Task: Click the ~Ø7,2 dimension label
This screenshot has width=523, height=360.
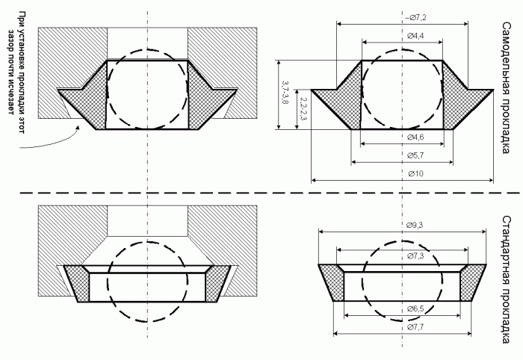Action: pos(415,18)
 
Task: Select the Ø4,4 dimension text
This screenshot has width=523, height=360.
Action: pos(415,36)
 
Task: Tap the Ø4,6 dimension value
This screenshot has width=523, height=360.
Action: pos(415,137)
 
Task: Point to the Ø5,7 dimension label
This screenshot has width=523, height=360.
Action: pos(415,155)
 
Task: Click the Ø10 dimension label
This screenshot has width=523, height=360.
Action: pos(415,174)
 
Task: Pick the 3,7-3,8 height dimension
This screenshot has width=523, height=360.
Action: pos(285,93)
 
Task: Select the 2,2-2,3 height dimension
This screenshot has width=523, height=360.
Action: pos(303,108)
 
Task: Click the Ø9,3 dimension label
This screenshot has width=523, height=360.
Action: pos(415,226)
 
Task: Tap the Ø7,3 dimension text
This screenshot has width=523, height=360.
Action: pos(415,256)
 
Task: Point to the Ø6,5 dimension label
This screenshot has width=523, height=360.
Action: pos(415,309)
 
